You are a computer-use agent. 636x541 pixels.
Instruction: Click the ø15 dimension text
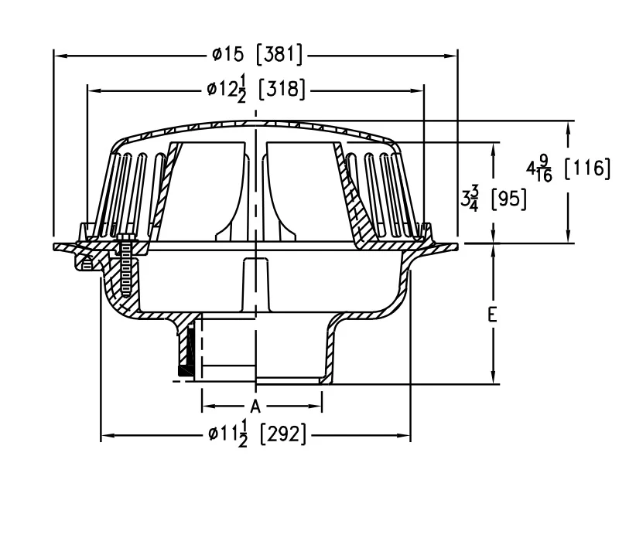[228, 54]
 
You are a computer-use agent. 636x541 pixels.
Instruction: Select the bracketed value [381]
[280, 54]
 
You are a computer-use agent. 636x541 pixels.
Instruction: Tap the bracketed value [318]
[282, 89]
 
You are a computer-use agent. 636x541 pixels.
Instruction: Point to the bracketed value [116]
[587, 168]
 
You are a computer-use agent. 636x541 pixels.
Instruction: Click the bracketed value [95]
[508, 199]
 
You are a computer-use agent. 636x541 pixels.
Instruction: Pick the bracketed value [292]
[282, 434]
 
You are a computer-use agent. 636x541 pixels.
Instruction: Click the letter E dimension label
[493, 315]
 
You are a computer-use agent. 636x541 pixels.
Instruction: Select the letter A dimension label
[255, 406]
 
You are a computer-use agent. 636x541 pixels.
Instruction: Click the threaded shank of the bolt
[126, 267]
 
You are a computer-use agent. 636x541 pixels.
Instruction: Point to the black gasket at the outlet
[185, 371]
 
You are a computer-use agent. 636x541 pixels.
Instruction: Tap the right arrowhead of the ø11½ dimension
[405, 436]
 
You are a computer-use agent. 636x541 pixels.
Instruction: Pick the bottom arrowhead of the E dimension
[493, 377]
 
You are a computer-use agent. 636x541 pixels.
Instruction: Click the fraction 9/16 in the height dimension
[545, 168]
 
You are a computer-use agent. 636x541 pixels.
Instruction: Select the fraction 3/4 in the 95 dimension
[474, 198]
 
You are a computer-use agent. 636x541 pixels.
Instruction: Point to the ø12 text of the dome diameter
[221, 89]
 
